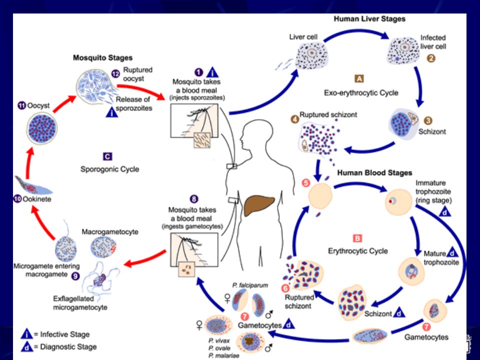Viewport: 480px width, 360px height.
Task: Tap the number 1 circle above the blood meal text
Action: pos(198,72)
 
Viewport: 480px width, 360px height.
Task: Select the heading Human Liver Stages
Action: pos(369,19)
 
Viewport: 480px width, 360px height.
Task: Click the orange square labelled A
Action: pos(359,78)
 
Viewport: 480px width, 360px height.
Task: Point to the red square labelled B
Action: pos(357,238)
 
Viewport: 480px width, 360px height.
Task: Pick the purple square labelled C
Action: pos(107,156)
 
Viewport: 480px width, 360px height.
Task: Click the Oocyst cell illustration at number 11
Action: pos(42,128)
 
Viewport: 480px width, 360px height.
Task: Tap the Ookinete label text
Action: pos(36,199)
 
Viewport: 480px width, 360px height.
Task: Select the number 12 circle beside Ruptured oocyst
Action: pos(115,74)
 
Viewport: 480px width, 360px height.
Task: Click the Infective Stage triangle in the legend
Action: pos(27,334)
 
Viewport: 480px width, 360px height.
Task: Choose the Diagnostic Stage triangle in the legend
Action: pos(27,347)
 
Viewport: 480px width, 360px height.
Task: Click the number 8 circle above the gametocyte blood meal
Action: pos(194,199)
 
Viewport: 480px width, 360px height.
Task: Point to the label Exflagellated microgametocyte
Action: pos(80,303)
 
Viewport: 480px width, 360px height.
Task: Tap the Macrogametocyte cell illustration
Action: pos(104,247)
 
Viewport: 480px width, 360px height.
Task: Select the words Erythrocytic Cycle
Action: pos(358,251)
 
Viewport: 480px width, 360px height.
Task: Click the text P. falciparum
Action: pos(250,285)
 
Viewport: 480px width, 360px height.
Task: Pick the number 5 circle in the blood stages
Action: pos(306,183)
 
